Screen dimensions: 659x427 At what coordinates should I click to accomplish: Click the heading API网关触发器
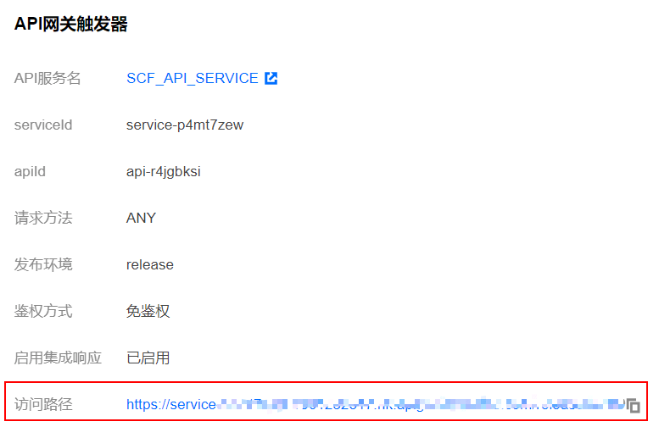(x=71, y=25)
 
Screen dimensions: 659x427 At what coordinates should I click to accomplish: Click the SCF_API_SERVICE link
(x=193, y=79)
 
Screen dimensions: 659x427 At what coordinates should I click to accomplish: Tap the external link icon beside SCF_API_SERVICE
(x=271, y=79)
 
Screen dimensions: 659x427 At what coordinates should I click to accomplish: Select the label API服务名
(x=47, y=79)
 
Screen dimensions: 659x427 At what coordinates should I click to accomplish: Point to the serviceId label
(x=43, y=125)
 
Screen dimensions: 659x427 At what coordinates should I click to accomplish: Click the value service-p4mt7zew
(x=185, y=125)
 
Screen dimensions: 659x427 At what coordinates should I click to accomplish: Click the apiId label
(x=30, y=172)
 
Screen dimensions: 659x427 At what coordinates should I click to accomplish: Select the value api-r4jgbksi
(x=164, y=172)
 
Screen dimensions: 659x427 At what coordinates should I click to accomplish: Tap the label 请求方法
(x=43, y=218)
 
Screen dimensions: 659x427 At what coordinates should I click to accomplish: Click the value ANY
(x=141, y=218)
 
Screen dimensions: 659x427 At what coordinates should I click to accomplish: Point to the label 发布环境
(x=43, y=264)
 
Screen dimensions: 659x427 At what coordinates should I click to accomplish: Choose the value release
(x=150, y=264)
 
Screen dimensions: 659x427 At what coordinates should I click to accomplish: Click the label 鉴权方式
(x=43, y=311)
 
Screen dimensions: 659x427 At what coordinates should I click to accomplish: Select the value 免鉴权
(x=148, y=311)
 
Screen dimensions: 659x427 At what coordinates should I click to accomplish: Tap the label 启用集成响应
(x=58, y=358)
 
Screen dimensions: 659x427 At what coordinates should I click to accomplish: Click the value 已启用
(x=148, y=358)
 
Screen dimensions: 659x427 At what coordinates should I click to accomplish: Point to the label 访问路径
(x=43, y=404)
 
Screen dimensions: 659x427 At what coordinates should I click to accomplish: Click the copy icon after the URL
(x=633, y=405)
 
